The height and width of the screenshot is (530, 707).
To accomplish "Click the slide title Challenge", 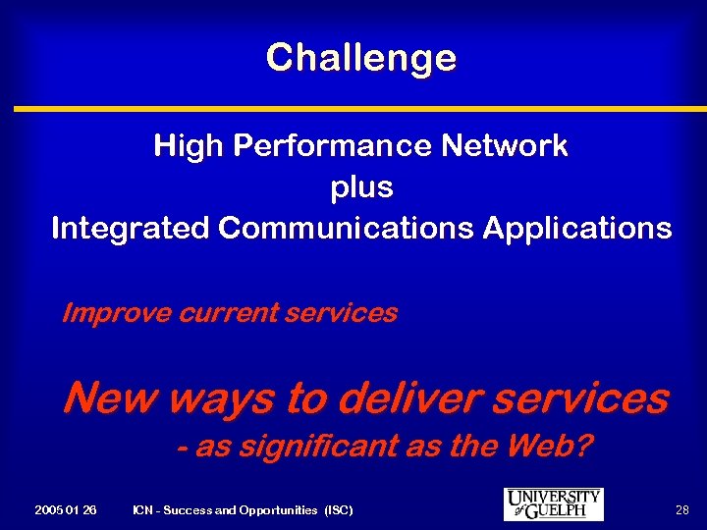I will click(x=360, y=58).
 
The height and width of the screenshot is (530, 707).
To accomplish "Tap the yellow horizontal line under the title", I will click(x=353, y=108).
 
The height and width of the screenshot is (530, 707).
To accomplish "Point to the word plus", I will click(x=361, y=187).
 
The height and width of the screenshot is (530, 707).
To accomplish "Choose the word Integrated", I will click(x=132, y=229).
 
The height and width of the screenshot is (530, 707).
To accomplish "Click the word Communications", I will click(x=347, y=229).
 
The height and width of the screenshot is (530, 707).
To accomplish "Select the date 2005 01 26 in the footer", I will click(x=65, y=510).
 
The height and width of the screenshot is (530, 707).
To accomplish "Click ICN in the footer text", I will click(x=143, y=510).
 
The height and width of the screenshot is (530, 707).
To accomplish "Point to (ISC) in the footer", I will click(x=337, y=510).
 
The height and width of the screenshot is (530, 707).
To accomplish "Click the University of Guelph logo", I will click(x=553, y=504).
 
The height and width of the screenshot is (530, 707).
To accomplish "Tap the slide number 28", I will click(x=681, y=510).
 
